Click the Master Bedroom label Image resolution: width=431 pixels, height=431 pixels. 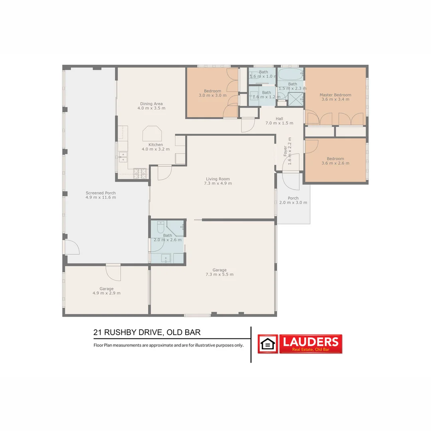[335, 95]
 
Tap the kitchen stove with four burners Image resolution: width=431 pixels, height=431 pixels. [140, 173]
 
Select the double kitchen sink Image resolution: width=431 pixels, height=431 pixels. [123, 156]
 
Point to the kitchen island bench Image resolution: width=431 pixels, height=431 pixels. [152, 133]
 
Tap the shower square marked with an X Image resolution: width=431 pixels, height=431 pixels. [296, 99]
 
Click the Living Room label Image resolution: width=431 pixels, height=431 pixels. [218, 179]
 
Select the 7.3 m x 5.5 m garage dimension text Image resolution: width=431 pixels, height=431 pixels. [219, 275]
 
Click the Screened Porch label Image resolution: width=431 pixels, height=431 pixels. [101, 193]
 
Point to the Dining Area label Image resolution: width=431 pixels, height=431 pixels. [151, 104]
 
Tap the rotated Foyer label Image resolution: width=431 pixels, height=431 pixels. [285, 151]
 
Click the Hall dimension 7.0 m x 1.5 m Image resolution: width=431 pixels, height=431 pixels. [279, 123]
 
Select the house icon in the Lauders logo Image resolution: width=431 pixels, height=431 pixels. [268, 344]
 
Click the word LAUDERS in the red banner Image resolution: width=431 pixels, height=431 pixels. [310, 342]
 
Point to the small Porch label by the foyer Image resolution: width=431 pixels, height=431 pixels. [293, 198]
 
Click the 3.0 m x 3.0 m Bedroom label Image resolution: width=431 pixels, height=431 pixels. [212, 91]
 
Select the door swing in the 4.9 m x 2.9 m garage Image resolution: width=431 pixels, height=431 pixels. [113, 273]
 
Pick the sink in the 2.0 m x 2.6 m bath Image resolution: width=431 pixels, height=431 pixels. [166, 258]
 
